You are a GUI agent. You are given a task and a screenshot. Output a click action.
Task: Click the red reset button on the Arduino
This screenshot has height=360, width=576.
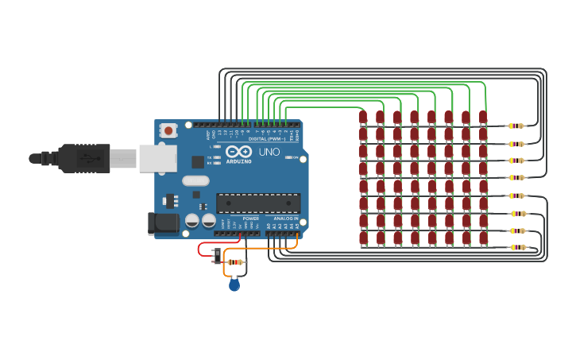point(168,130)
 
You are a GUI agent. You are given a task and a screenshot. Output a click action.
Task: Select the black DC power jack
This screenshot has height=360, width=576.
point(164,223)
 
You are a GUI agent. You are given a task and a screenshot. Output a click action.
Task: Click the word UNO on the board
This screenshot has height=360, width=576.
point(269,152)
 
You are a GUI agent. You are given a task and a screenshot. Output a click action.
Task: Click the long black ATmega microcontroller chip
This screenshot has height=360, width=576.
point(258,203)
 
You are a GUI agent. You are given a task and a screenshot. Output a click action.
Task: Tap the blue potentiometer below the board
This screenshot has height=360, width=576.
point(234,284)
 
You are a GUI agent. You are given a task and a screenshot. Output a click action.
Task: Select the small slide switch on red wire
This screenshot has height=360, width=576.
point(218,255)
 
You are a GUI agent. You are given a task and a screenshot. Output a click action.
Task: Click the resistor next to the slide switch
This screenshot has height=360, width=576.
point(235,261)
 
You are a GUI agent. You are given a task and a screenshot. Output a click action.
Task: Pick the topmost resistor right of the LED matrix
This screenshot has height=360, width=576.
point(516,126)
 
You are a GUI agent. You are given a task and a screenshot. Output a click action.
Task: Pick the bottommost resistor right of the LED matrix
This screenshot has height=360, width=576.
point(518,247)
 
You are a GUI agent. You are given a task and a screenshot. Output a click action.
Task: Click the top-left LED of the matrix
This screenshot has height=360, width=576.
point(363,118)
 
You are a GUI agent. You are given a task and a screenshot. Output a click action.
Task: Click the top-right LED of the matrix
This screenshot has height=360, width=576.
point(483,118)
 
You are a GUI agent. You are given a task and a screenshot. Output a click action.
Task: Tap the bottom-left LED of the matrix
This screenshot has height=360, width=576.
point(363,237)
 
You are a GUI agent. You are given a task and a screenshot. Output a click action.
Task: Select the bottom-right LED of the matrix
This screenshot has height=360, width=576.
point(483,237)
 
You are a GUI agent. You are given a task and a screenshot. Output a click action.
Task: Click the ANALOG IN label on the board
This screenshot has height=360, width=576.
point(286,219)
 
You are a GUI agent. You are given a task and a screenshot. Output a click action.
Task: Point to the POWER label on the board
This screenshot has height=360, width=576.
point(250,219)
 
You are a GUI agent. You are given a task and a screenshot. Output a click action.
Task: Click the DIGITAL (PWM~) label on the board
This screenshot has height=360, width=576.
point(267,139)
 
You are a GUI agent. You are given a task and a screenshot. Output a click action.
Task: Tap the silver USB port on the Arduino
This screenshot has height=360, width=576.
point(157,158)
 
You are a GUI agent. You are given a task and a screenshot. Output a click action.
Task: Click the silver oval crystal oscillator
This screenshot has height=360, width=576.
point(195,180)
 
